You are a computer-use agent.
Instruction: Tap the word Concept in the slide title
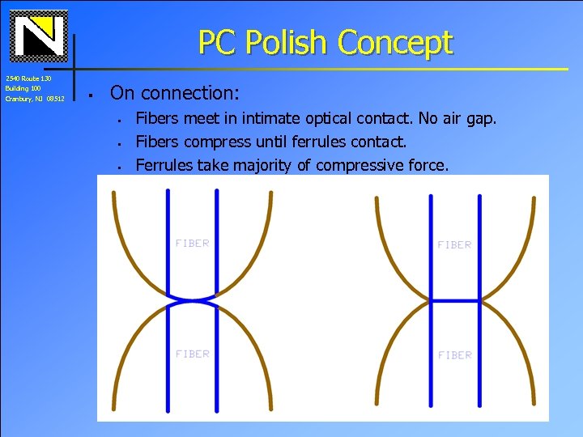click(396, 42)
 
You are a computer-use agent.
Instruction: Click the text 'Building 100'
click(23, 88)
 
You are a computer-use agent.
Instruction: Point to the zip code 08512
click(55, 99)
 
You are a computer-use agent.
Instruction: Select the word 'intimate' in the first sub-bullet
click(279, 119)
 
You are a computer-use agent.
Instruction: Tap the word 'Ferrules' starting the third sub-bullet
click(162, 166)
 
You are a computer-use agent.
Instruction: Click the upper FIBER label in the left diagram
click(192, 244)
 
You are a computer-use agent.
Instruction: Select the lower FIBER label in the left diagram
click(192, 354)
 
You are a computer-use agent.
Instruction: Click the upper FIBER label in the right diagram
click(454, 244)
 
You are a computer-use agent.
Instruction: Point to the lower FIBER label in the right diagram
click(454, 355)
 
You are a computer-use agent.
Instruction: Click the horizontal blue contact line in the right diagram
click(454, 300)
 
